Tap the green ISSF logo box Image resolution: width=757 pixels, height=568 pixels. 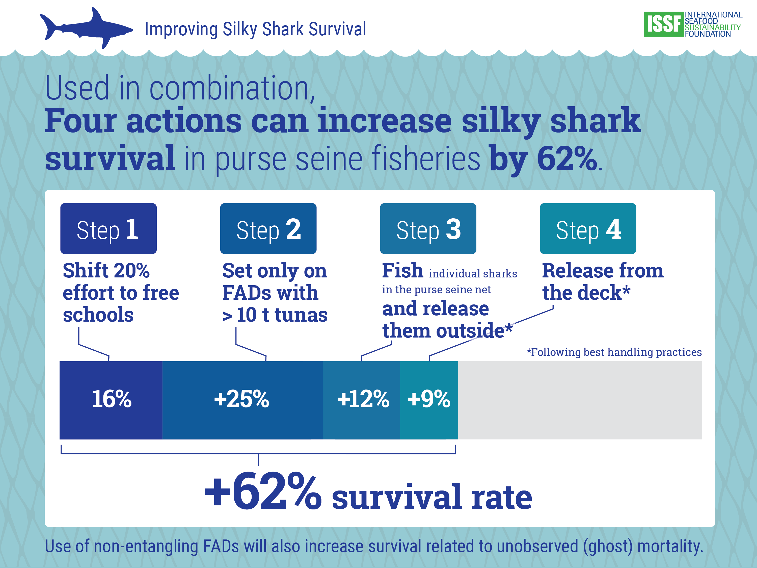[663, 24]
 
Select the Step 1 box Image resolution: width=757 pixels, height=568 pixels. [108, 228]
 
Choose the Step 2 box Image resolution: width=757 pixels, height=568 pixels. [268, 228]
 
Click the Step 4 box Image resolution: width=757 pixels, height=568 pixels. [588, 228]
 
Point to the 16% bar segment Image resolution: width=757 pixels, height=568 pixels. [111, 400]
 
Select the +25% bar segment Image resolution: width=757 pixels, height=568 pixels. [242, 400]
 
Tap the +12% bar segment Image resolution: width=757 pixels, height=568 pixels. [362, 400]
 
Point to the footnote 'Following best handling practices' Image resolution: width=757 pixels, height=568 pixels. [614, 352]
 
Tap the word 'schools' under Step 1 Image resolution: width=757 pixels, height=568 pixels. [98, 315]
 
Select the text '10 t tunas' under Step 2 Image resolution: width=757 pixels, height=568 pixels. [282, 315]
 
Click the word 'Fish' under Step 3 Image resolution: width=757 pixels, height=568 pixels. [402, 271]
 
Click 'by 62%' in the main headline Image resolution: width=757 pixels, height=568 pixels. [543, 159]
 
